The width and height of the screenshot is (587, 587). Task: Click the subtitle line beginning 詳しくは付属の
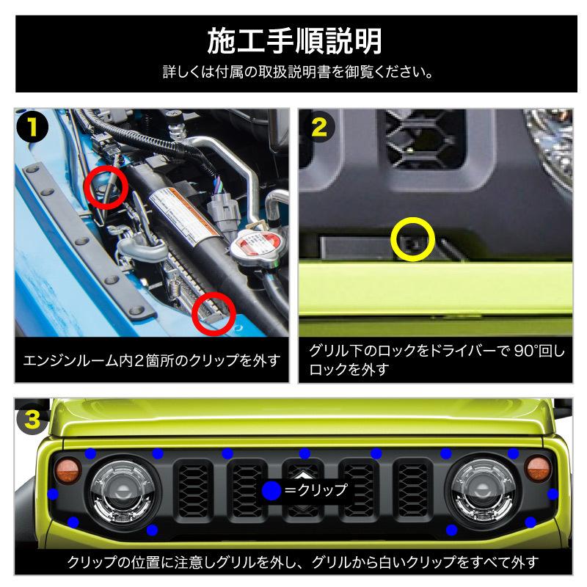click(x=293, y=73)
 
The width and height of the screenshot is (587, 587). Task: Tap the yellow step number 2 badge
click(x=319, y=126)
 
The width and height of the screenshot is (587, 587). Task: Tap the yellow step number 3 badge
click(x=32, y=420)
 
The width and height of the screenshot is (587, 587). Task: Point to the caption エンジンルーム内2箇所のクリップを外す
click(x=152, y=361)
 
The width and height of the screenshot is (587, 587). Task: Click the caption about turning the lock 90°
click(x=437, y=360)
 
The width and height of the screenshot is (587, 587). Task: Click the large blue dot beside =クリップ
click(x=271, y=491)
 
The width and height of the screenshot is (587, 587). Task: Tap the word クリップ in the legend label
click(x=321, y=490)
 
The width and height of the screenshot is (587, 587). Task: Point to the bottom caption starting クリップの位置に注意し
click(x=293, y=563)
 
